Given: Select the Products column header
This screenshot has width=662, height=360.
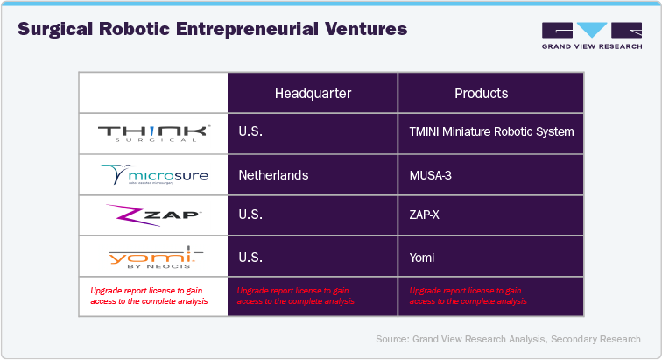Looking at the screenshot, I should [x=481, y=94].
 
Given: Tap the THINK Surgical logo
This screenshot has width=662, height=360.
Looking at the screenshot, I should [x=154, y=133].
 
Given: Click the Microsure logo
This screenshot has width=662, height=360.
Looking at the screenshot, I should [x=154, y=175].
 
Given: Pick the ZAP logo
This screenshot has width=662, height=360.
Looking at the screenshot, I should [x=154, y=215].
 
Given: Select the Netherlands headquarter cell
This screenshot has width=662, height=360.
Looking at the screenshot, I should [x=273, y=175].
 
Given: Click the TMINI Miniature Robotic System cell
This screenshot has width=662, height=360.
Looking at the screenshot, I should [x=491, y=133].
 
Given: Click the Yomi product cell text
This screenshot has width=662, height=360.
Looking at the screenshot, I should [x=421, y=258].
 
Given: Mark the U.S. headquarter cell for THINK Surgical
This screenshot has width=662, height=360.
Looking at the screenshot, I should [x=251, y=133].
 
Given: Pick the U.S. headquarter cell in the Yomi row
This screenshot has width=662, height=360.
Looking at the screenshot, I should [x=251, y=258].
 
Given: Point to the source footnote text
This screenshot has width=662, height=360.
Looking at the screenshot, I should [x=508, y=339].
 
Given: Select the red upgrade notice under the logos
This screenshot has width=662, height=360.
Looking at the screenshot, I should [x=149, y=295].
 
